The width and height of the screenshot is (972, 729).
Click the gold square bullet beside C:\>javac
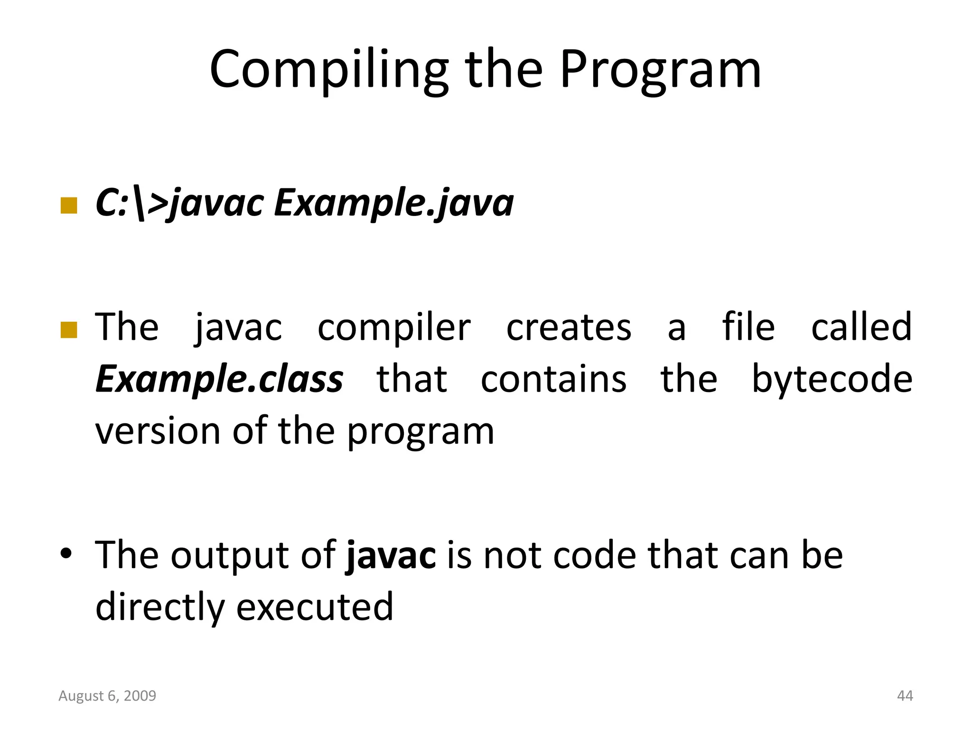[69, 206]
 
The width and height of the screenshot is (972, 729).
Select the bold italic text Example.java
[394, 203]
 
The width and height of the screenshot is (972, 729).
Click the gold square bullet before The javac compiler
[69, 330]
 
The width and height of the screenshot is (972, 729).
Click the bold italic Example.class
[219, 380]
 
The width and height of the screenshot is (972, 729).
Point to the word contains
[553, 380]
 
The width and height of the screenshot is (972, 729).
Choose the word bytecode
[832, 380]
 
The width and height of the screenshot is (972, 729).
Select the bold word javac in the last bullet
[391, 555]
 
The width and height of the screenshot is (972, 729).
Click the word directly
[159, 607]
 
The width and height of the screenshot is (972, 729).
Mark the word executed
[315, 607]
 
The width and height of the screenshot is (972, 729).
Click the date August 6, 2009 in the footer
[107, 696]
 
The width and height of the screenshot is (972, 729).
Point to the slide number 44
[905, 696]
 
